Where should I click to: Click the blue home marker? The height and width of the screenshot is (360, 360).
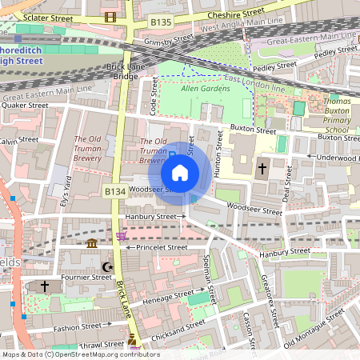180,172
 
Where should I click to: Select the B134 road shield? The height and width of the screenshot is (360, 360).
115,192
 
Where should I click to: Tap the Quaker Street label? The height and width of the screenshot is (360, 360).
25,105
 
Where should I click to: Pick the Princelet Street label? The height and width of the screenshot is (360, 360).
161,247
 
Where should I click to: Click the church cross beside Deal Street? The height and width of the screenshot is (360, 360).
262,169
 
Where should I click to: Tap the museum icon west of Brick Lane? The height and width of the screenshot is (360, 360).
92,243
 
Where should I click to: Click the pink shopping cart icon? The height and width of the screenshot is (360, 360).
121,236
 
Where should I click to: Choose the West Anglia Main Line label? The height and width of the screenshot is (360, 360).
239,27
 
